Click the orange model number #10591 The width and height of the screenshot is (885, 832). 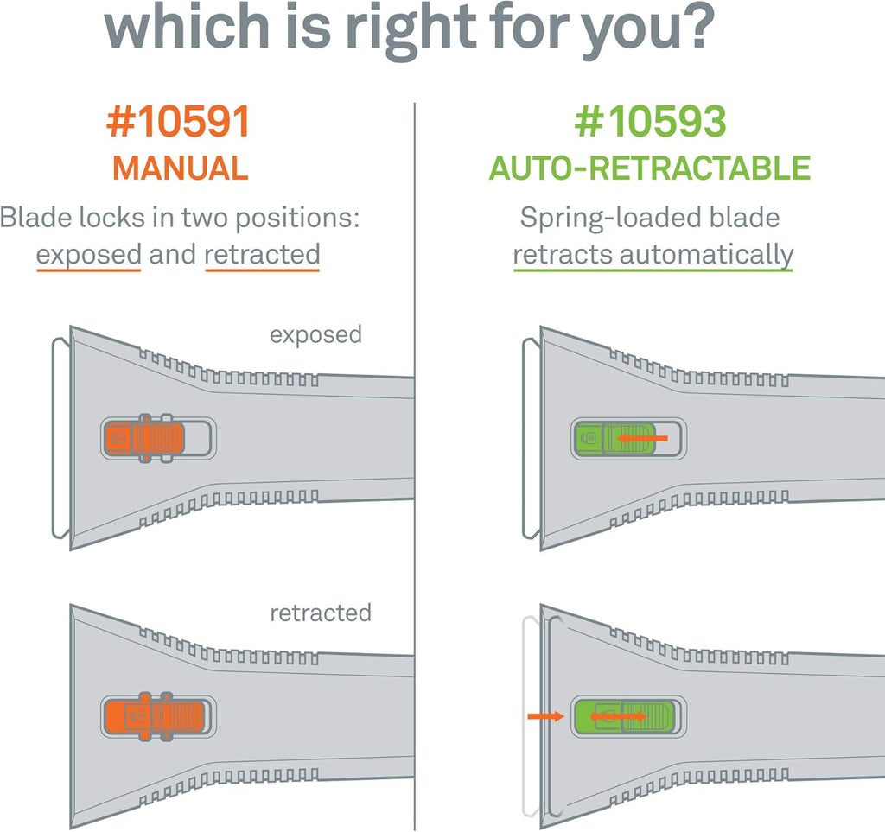click(178, 122)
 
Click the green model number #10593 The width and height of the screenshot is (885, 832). click(650, 122)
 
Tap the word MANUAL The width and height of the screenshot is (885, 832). click(181, 168)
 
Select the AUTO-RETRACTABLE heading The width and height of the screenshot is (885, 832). click(650, 168)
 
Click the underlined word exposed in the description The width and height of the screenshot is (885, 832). click(89, 255)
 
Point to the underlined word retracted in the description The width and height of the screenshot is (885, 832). click(263, 254)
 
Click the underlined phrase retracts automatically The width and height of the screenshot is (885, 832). click(653, 255)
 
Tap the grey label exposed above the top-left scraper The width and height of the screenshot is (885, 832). click(315, 335)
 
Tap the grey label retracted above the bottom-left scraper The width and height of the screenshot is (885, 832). click(321, 613)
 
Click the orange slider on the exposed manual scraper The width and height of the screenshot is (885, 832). click(144, 438)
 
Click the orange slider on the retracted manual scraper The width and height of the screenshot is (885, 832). click(154, 716)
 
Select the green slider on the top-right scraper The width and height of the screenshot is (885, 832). click(614, 438)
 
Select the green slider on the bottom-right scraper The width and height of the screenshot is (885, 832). click(624, 716)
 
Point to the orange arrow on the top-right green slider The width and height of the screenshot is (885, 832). click(642, 438)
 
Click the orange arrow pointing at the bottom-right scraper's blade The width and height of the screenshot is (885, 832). click(546, 716)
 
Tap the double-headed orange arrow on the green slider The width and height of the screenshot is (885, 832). click(618, 716)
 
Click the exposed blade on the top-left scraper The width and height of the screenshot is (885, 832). click(61, 438)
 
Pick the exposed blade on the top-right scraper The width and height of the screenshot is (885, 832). click(532, 438)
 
